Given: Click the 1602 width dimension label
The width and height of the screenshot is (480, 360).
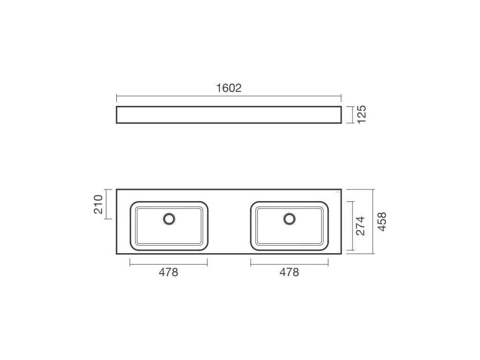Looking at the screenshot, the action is click(x=229, y=88).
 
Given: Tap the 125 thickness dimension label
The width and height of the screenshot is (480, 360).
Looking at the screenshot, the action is click(x=362, y=114).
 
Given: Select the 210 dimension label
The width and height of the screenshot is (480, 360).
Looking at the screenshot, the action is click(x=98, y=204).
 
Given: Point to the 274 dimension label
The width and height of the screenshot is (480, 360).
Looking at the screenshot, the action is click(x=361, y=226).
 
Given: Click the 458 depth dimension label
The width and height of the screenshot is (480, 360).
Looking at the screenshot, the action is click(x=382, y=222).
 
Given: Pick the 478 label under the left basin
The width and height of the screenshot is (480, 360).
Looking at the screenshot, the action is click(x=168, y=272).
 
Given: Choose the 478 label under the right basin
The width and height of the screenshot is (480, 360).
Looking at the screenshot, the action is click(x=289, y=272).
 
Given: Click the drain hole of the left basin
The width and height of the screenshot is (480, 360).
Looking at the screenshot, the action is click(x=169, y=219).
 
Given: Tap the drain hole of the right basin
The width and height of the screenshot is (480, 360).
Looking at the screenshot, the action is click(x=289, y=219).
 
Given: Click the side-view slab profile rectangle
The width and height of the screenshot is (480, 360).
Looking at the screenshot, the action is click(x=229, y=106).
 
